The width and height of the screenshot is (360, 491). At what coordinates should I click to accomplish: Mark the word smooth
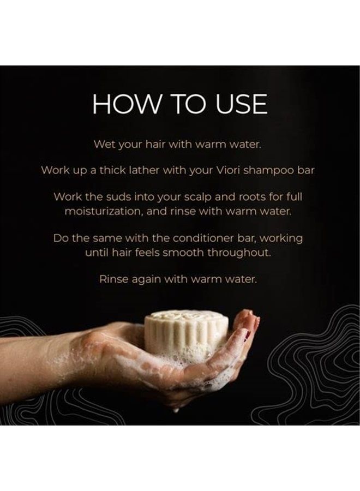point(207,253)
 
